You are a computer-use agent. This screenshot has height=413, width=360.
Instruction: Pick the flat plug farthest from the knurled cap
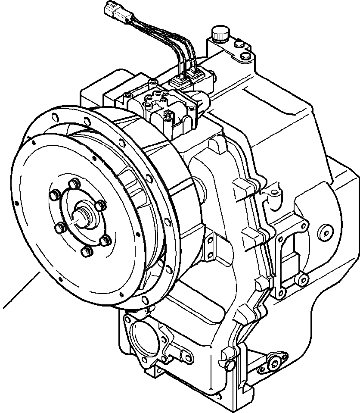coord(245,56)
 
